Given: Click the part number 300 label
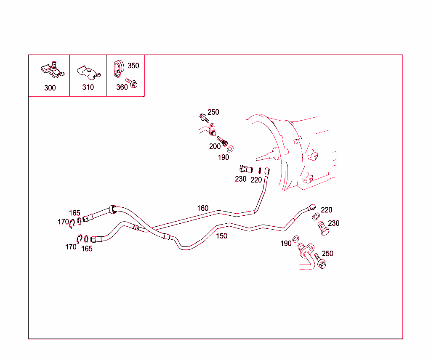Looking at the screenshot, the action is click(x=50, y=88).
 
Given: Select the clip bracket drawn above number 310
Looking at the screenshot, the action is click(x=88, y=72).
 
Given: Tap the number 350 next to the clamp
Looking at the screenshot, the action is click(x=133, y=66).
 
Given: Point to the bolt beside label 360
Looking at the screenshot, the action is click(x=131, y=83).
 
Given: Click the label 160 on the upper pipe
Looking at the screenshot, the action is click(x=203, y=208).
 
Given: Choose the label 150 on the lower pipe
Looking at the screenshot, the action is click(x=221, y=236).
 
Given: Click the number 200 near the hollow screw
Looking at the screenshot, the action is click(x=215, y=146).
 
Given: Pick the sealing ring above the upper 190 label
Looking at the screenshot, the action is click(x=230, y=149).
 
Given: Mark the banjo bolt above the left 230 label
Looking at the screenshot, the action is click(x=246, y=169).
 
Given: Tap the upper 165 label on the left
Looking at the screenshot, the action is click(x=74, y=213).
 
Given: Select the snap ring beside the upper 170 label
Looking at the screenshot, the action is click(x=72, y=223).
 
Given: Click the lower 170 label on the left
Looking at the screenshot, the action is click(x=71, y=247).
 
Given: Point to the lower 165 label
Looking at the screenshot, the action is click(x=87, y=249).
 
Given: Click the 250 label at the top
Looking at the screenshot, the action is click(x=213, y=112).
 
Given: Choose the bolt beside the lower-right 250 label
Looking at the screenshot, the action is click(x=320, y=261).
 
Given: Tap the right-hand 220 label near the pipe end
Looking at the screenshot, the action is click(x=327, y=210).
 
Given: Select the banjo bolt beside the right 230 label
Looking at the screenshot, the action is click(x=323, y=228).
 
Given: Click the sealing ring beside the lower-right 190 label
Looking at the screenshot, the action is click(x=296, y=238).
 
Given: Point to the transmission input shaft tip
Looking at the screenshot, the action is click(x=257, y=159).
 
